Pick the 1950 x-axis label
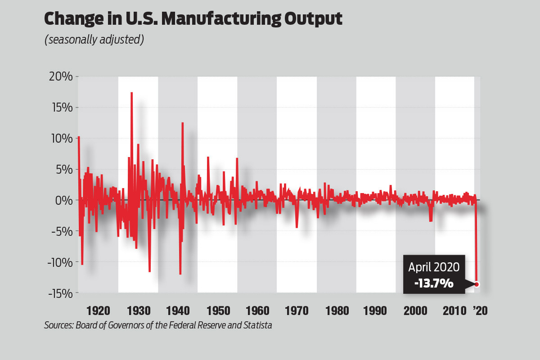(217, 311)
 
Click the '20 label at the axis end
(479, 311)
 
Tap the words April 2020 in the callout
(434, 267)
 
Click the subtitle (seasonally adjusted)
(94, 40)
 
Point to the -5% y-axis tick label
(62, 231)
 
